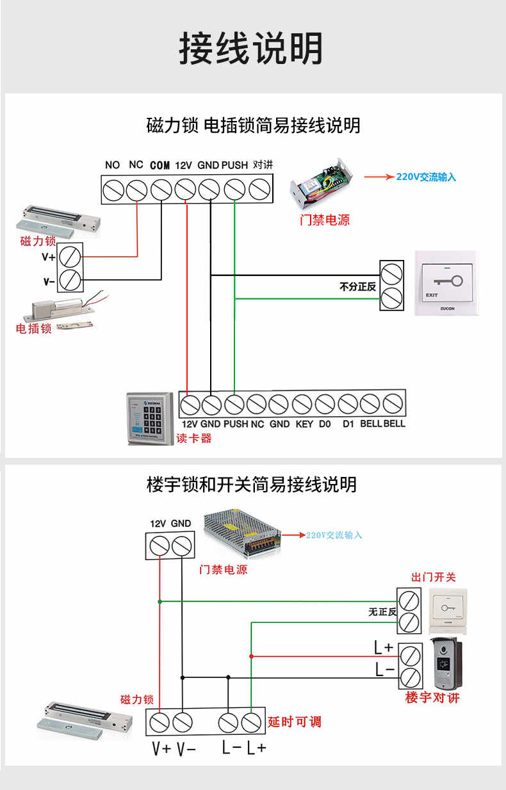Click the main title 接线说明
click(251, 48)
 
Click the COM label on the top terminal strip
click(159, 165)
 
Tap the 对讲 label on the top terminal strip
click(263, 165)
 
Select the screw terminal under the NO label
click(114, 189)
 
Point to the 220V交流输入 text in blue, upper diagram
click(426, 177)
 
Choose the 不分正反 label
click(357, 287)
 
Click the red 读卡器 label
click(193, 439)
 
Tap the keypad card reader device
click(150, 418)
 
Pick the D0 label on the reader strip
click(325, 424)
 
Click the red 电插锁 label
click(33, 328)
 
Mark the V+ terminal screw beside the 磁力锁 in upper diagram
click(70, 257)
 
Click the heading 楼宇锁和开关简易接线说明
click(252, 485)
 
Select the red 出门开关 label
click(434, 577)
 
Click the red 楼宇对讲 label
click(432, 698)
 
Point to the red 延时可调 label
click(295, 722)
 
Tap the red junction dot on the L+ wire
click(251, 656)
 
